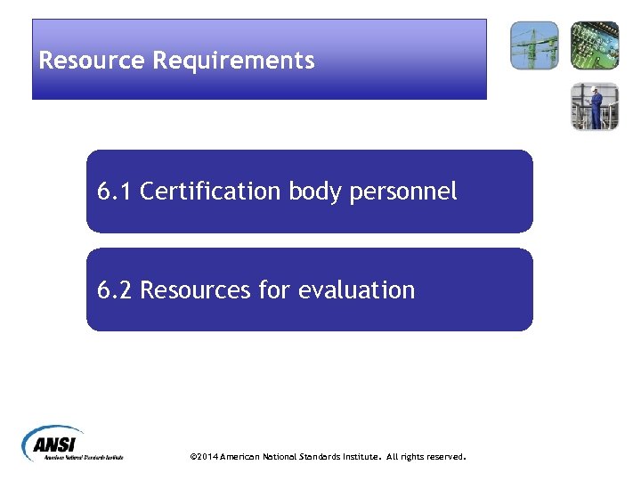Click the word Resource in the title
pyautogui.click(x=93, y=61)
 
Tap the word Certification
pyautogui.click(x=211, y=191)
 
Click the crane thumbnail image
pyautogui.click(x=534, y=45)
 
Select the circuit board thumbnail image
pyautogui.click(x=595, y=45)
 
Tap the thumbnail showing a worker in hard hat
pyautogui.click(x=595, y=107)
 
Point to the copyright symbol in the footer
pyautogui.click(x=193, y=457)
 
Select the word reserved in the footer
pyautogui.click(x=443, y=457)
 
